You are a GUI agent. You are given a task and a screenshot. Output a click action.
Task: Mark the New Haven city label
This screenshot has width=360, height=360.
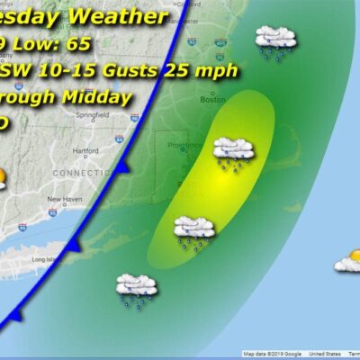click(x=65, y=199)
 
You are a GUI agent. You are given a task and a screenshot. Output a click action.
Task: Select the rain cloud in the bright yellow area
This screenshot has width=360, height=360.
click(x=233, y=151)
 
